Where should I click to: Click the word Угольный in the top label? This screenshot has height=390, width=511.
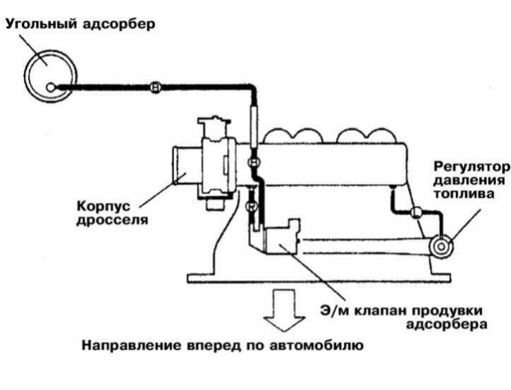point(42,25)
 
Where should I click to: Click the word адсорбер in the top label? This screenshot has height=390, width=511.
point(118,25)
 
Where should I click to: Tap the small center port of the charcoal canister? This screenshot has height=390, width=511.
point(51,87)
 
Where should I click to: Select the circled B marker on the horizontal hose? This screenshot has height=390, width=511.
point(156,87)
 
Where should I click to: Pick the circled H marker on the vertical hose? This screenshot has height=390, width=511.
point(254,162)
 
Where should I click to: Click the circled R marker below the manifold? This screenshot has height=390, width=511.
point(251,207)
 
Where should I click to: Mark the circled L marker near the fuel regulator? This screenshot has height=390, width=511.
point(416,212)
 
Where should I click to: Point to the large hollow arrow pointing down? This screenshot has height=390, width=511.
point(285,310)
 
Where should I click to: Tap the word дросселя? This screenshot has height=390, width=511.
point(112,219)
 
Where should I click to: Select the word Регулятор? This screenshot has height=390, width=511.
point(472,167)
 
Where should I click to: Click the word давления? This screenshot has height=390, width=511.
point(469,181)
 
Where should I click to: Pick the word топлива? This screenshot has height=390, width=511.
point(464,194)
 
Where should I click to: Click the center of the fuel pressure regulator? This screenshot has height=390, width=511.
point(441,247)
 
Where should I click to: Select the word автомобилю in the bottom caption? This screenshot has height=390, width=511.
point(316,346)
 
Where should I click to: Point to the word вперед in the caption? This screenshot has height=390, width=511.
point(213,346)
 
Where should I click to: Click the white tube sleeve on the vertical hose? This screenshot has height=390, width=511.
point(254,125)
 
